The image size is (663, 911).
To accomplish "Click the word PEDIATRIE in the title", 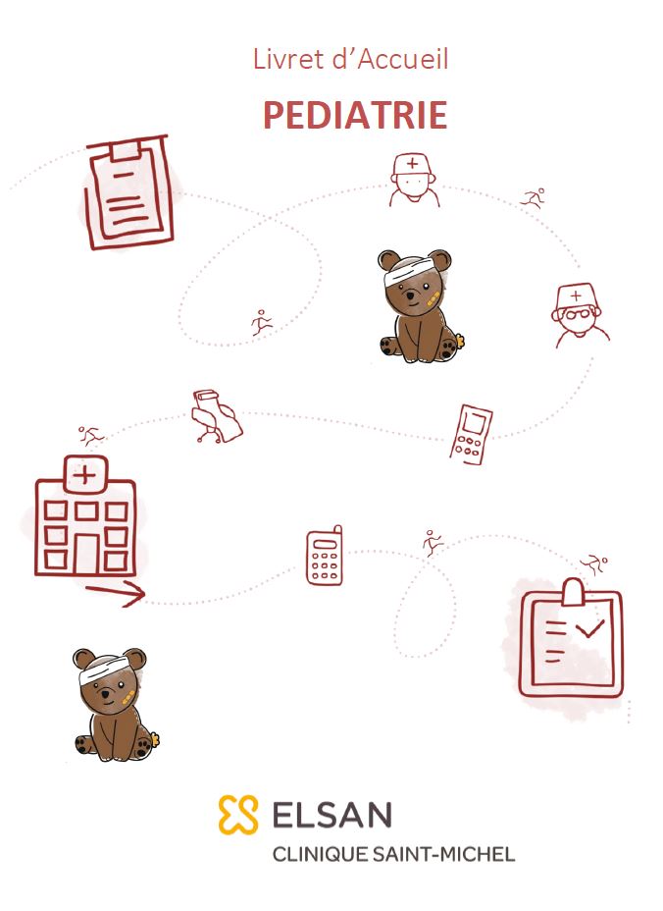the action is tap(355, 115).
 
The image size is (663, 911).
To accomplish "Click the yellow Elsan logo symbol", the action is tap(238, 815).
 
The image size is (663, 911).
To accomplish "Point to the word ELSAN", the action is tap(332, 815).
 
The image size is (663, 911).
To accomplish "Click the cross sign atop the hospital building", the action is tap(84, 476).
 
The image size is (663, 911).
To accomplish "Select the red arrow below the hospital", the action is tap(116, 593).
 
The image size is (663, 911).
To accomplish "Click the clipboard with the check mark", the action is tap(571, 638).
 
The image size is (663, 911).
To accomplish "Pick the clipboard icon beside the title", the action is tap(128, 192).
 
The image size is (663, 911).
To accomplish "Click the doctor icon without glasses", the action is tap(413, 180).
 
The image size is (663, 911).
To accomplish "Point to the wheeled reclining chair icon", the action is tap(217, 416).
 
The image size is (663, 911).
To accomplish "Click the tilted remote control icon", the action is tap(471, 435).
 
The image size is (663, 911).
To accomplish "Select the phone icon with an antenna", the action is tap(325, 556).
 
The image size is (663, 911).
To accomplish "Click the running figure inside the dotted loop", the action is tap(262, 322).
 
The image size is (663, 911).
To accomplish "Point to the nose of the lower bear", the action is tap(105, 693).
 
